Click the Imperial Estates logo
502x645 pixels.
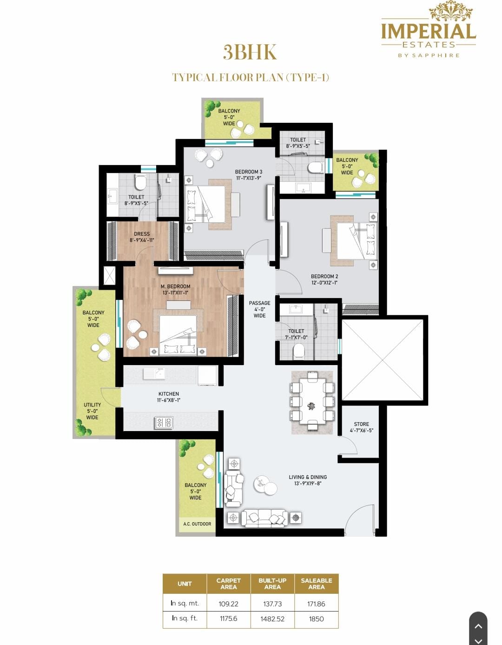click(429, 29)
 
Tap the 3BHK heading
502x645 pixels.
click(250, 52)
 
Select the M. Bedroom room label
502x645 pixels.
click(175, 289)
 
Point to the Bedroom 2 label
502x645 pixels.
click(324, 279)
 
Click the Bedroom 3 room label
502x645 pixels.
click(249, 175)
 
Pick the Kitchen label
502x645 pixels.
click(169, 397)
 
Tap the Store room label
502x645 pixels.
click(361, 427)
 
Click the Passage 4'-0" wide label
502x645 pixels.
click(260, 309)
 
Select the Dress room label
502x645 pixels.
click(142, 237)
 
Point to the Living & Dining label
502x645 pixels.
click(308, 480)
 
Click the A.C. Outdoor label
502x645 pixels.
click(197, 524)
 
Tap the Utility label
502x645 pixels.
click(92, 411)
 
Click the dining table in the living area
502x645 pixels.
click(312, 402)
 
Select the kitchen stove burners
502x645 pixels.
click(164, 423)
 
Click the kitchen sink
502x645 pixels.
click(154, 374)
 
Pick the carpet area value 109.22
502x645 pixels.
click(228, 604)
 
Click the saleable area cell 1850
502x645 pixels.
click(316, 619)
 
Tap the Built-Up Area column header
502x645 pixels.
click(272, 584)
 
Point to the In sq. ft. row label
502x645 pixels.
click(185, 618)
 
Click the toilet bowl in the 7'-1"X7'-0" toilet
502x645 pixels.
click(298, 352)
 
